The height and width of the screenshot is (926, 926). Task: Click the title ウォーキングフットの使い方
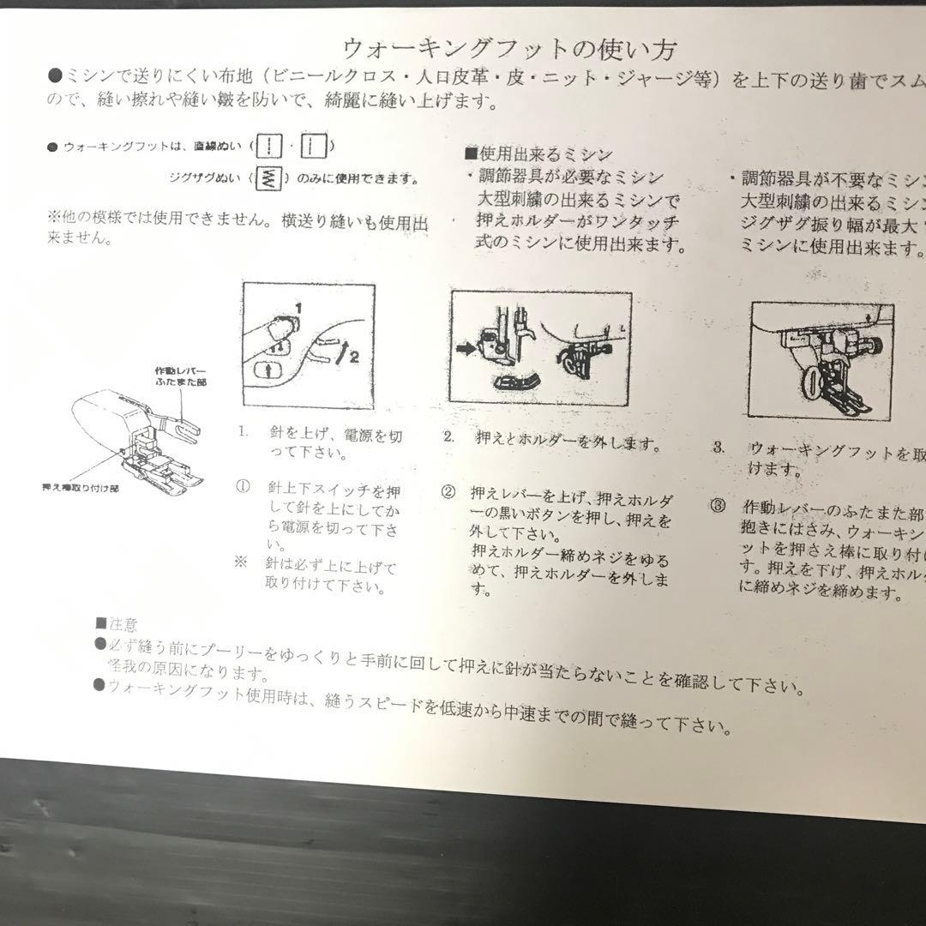tap(513, 47)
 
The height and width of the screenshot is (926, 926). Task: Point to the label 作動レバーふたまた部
tap(180, 377)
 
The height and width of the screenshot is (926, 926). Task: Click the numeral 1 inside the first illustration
tap(298, 307)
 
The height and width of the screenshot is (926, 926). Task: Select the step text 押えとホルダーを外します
tap(568, 444)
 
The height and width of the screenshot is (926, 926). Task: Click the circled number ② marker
tap(448, 492)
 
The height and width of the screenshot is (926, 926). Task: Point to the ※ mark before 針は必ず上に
tap(241, 562)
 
